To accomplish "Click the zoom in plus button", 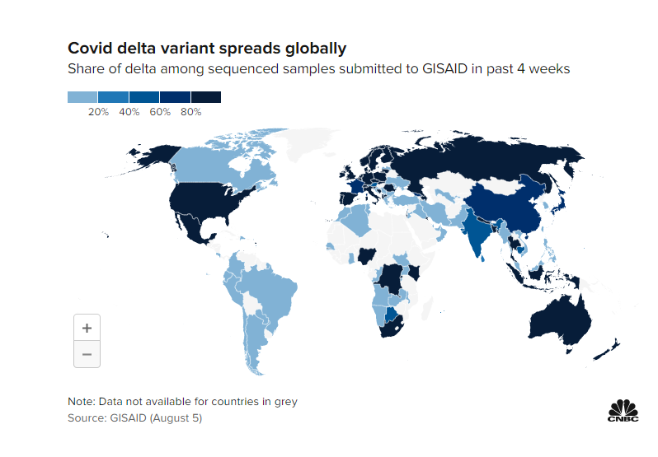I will tap(87, 327).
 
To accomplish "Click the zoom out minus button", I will tap(87, 354).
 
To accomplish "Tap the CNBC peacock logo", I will tap(623, 411).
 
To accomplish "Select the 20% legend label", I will tap(98, 111).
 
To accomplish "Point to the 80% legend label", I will tap(190, 111).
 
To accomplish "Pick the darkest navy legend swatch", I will tap(206, 97).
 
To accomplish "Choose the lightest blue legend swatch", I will tap(82, 97).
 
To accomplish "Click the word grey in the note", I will tap(283, 402).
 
